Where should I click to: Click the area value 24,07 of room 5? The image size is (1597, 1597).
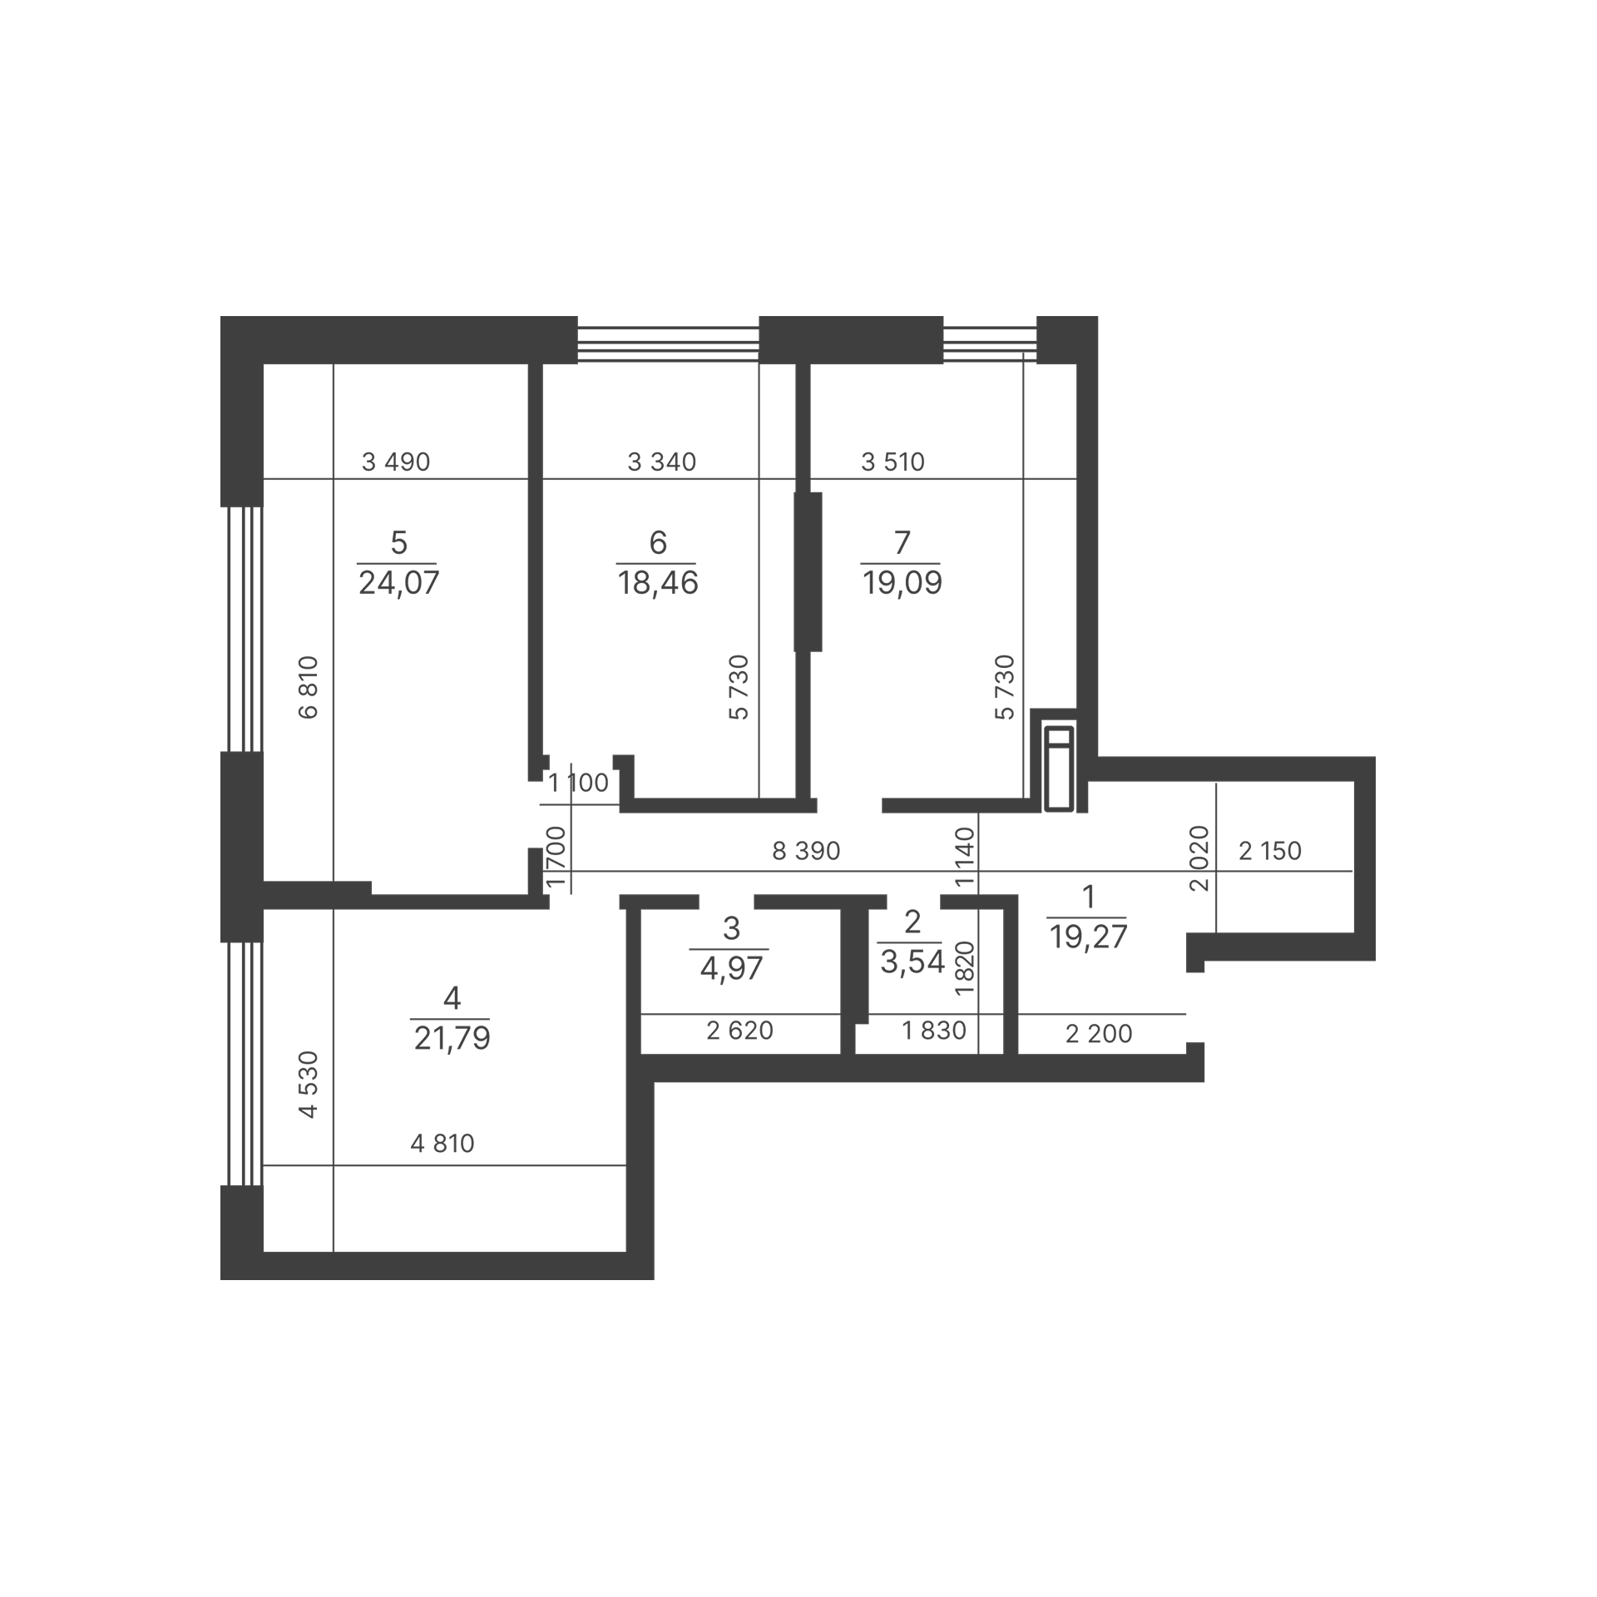pyautogui.click(x=398, y=583)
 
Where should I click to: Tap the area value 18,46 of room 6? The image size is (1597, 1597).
pyautogui.click(x=657, y=583)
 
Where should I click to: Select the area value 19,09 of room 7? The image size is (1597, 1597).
pyautogui.click(x=902, y=583)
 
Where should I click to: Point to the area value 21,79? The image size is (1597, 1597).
pyautogui.click(x=452, y=1038)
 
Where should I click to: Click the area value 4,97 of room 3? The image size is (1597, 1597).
pyautogui.click(x=731, y=968)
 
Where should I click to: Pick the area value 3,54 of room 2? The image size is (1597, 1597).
pyautogui.click(x=912, y=962)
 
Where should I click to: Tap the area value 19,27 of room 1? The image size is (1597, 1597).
pyautogui.click(x=1088, y=937)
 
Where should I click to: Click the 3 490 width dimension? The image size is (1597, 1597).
pyautogui.click(x=396, y=462)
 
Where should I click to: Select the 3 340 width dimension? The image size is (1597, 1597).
pyautogui.click(x=661, y=462)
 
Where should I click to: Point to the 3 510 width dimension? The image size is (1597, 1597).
pyautogui.click(x=892, y=462)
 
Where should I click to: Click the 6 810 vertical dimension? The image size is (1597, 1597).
pyautogui.click(x=309, y=687)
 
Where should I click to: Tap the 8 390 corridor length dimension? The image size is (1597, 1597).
pyautogui.click(x=806, y=851)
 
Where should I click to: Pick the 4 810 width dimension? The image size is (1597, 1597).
pyautogui.click(x=443, y=1144)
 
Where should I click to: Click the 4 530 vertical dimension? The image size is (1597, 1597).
pyautogui.click(x=309, y=1085)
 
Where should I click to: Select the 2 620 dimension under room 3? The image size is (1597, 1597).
pyautogui.click(x=739, y=1031)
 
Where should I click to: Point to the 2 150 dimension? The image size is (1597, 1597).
pyautogui.click(x=1270, y=851)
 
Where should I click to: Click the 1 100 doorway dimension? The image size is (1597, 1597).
pyautogui.click(x=579, y=783)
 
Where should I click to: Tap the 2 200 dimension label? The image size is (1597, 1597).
pyautogui.click(x=1099, y=1034)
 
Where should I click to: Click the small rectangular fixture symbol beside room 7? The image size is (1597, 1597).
pyautogui.click(x=1060, y=768)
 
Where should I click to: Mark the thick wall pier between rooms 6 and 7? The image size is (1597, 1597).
pyautogui.click(x=808, y=572)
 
